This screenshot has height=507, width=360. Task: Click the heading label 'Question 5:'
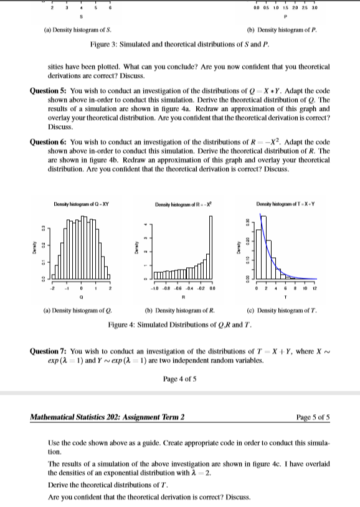49,90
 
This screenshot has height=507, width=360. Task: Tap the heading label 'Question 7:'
49,352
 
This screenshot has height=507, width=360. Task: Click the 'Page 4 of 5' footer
180,378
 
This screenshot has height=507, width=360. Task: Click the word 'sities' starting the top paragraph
56,65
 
